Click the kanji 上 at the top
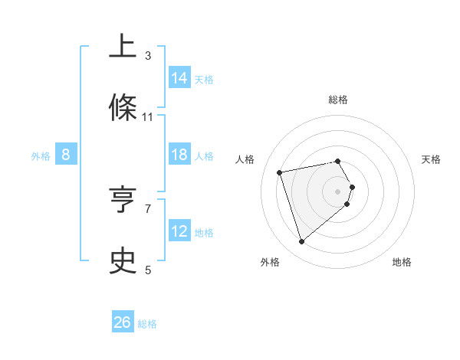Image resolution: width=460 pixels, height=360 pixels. click(x=123, y=47)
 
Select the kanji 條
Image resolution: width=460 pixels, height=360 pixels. click(x=123, y=109)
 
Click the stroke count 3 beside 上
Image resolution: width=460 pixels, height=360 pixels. click(x=148, y=56)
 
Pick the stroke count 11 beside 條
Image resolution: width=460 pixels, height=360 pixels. click(x=148, y=117)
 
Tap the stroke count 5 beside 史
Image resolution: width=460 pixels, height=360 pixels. click(x=148, y=270)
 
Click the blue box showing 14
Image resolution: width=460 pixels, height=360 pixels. click(x=179, y=77)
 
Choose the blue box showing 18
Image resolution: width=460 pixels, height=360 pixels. click(x=179, y=155)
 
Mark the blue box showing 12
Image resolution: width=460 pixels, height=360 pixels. click(x=179, y=231)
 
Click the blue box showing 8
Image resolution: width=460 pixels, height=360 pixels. click(x=66, y=155)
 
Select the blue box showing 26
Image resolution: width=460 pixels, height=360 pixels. click(x=123, y=322)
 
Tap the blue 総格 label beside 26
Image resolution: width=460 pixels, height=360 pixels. click(x=147, y=324)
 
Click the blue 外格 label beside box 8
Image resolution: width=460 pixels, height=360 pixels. click(x=41, y=155)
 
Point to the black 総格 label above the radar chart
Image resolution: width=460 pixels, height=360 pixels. click(x=338, y=100)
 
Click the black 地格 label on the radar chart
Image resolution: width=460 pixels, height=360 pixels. click(x=402, y=262)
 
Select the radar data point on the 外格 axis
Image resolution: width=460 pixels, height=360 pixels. click(x=301, y=242)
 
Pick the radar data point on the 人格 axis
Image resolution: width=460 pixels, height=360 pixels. click(x=280, y=172)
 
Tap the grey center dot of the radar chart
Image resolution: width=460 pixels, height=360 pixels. click(x=338, y=191)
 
